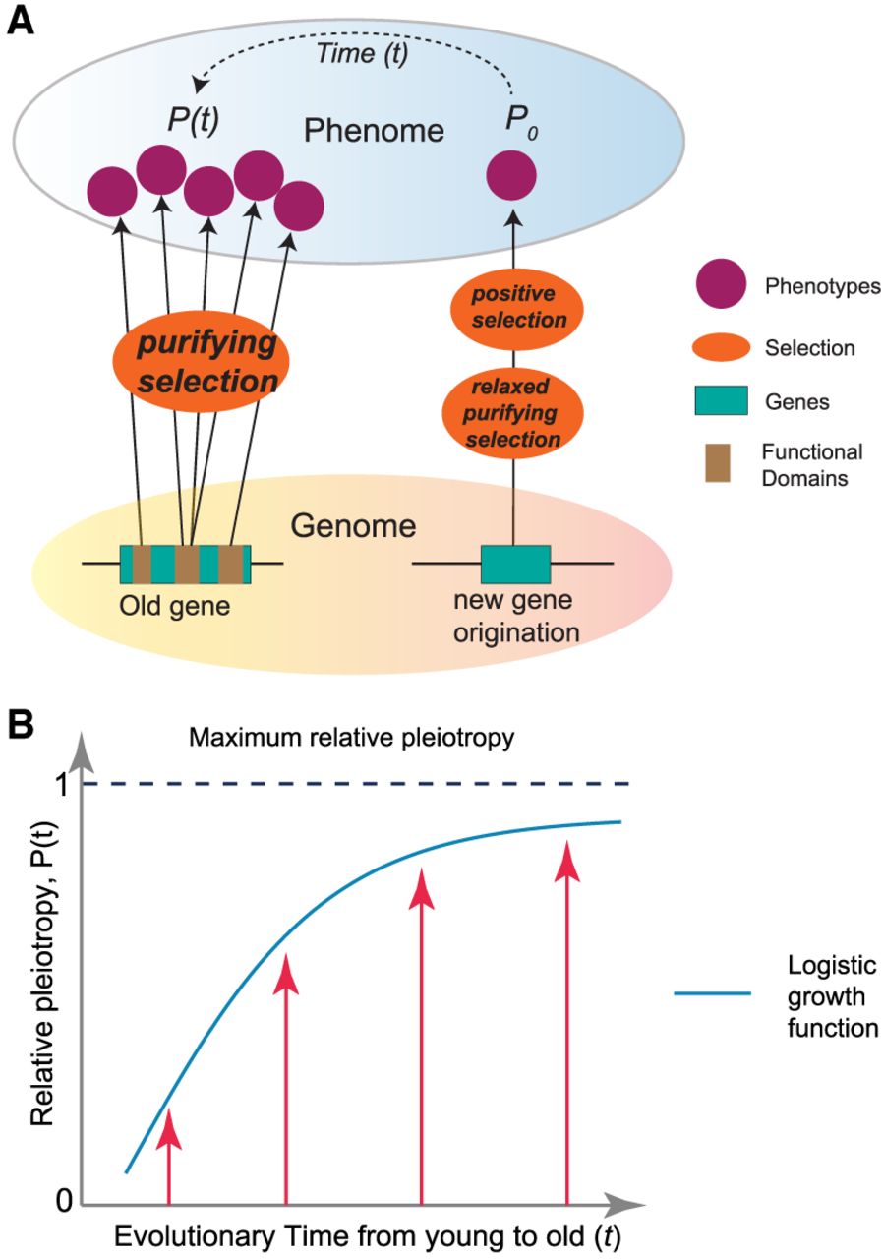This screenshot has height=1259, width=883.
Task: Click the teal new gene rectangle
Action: point(514,564)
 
